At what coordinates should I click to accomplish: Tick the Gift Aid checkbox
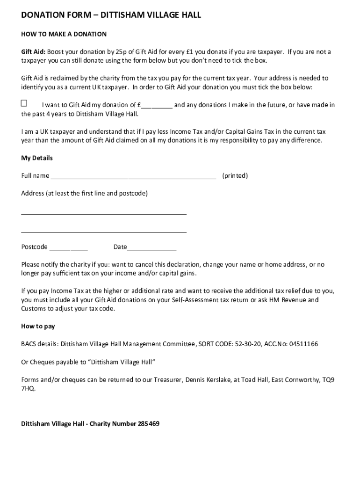coord(24,103)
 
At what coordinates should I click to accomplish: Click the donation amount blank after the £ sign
coord(157,106)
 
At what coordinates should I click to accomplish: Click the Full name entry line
coord(133,177)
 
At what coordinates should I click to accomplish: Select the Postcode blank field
coord(68,248)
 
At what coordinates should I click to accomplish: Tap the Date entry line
coord(151,248)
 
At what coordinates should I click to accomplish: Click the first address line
coord(104,213)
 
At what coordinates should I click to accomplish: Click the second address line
coord(104,231)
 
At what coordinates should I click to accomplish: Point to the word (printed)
coord(235,176)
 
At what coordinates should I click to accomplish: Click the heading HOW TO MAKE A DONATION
coord(64,34)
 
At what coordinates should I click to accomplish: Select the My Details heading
coord(37,158)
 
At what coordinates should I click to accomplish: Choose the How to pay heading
coord(38,327)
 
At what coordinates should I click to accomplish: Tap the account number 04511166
coord(303,344)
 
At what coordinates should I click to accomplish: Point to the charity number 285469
coord(149,424)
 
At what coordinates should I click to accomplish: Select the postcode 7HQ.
coord(28,389)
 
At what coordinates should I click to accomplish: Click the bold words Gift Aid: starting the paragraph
coord(33,52)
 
